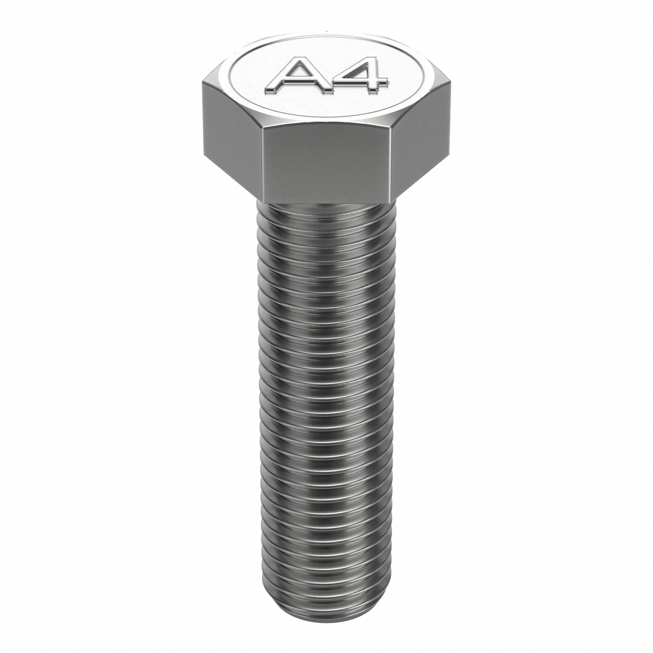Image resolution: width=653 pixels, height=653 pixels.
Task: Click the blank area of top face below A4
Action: pyautogui.click(x=325, y=108)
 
